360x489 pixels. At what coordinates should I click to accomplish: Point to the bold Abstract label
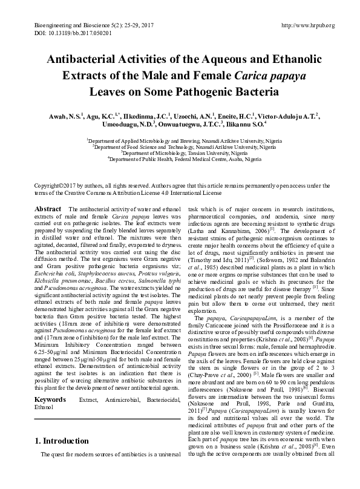[48, 209]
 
